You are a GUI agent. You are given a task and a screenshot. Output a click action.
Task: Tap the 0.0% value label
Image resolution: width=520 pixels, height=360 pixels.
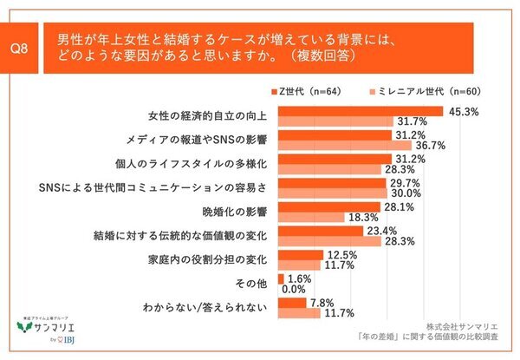click(x=295, y=289)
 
